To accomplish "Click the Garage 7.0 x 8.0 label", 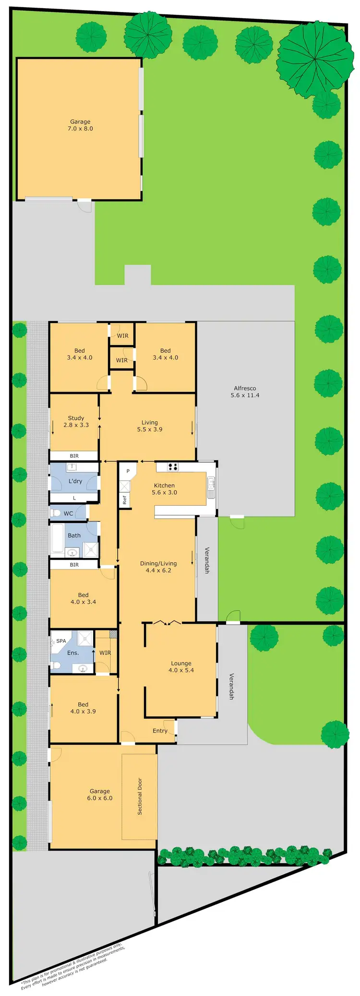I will (80, 125).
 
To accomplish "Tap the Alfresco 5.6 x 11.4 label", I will (245, 391).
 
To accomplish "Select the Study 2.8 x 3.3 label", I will (76, 421).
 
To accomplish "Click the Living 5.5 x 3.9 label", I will (150, 426).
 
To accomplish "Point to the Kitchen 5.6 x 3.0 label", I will (164, 489).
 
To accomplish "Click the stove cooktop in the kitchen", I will (173, 466).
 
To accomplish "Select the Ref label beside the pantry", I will (124, 500).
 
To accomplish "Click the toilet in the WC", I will (56, 513).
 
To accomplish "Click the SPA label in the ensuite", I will (61, 641).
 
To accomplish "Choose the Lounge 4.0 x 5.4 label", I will (181, 667).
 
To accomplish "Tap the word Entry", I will (160, 731).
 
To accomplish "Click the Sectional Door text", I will (140, 796).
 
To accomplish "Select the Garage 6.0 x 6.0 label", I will (100, 794).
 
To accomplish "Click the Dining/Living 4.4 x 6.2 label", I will (158, 567).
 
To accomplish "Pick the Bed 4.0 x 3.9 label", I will (83, 708).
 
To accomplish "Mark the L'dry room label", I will (75, 481).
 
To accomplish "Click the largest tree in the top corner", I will (315, 59).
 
